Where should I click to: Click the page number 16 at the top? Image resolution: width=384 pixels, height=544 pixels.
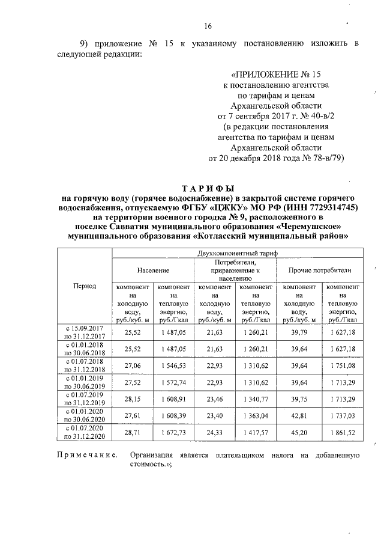coord(208,26)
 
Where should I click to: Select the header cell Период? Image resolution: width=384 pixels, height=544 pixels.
coord(84,286)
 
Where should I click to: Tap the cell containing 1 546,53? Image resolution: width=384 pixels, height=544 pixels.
coord(173,365)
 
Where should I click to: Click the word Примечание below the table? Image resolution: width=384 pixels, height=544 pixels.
coord(87,456)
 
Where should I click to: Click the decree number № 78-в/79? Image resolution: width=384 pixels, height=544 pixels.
coord(319,159)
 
